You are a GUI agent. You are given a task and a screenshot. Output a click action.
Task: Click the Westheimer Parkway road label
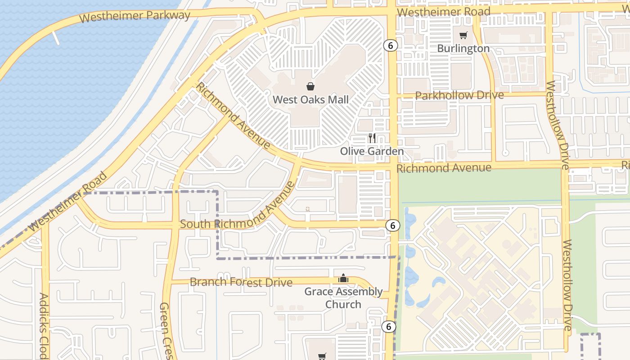[135, 16]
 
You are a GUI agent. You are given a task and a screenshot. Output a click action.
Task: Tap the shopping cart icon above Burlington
[463, 35]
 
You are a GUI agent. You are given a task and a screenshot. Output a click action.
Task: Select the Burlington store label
[463, 48]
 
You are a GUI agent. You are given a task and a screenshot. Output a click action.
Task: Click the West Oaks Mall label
[311, 99]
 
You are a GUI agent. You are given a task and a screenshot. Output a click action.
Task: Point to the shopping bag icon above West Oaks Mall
[310, 86]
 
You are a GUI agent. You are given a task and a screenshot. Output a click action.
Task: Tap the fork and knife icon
[372, 138]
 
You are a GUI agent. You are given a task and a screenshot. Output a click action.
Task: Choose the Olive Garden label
[372, 151]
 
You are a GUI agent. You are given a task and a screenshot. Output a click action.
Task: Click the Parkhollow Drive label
[459, 95]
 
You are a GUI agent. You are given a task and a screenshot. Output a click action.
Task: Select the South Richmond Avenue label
[238, 211]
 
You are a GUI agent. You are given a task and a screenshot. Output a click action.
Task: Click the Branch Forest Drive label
[241, 282]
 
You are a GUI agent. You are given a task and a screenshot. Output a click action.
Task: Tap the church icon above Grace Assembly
[343, 278]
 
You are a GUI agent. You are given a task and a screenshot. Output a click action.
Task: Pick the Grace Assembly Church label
[343, 298]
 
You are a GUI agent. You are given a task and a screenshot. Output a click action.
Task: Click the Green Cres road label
[166, 331]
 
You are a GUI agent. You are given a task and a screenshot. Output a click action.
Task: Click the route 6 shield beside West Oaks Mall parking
[391, 45]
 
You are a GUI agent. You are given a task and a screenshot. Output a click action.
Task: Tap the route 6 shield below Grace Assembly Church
[388, 327]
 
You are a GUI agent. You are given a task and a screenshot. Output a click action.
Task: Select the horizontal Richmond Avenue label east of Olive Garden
[444, 168]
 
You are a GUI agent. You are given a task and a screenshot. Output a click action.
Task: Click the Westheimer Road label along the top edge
[444, 12]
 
